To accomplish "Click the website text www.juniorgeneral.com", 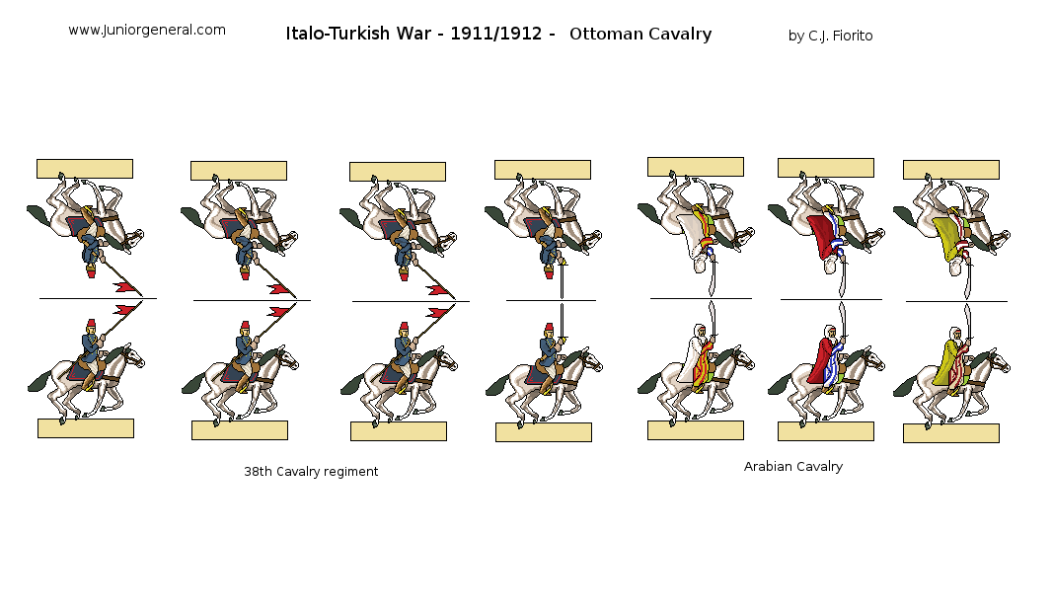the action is pyautogui.click(x=147, y=31).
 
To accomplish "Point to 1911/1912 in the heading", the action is pyautogui.click(x=495, y=34).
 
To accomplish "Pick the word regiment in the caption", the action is pyautogui.click(x=349, y=472).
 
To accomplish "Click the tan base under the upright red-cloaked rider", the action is pyautogui.click(x=826, y=431).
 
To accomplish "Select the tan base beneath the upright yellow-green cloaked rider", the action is pyautogui.click(x=951, y=433).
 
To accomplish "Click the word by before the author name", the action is pyautogui.click(x=795, y=37).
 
